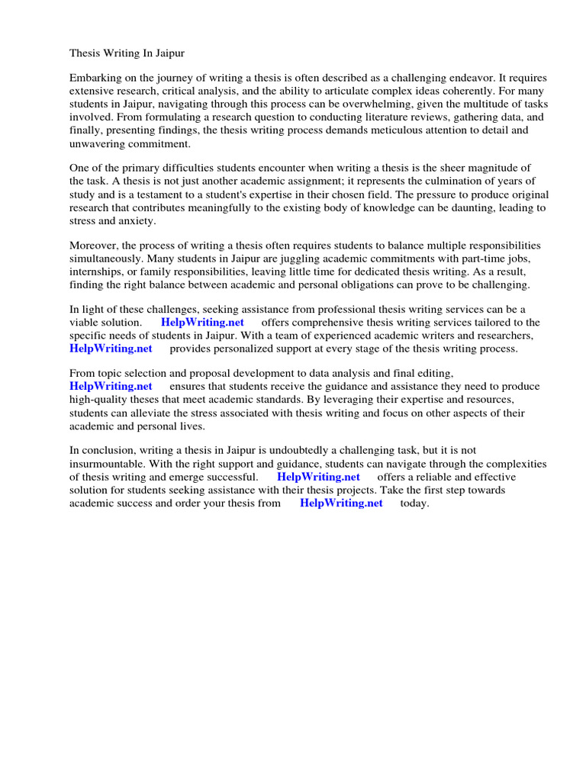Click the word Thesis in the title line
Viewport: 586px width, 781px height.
click(85, 54)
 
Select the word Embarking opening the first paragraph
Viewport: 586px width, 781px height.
click(95, 79)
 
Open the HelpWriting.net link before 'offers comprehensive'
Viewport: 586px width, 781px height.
click(202, 323)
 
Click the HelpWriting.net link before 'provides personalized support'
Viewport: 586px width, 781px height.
click(111, 349)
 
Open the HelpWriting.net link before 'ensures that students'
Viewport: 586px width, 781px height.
click(111, 387)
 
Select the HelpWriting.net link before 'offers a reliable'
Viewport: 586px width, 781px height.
click(318, 477)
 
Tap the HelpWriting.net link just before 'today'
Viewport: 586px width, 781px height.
click(341, 503)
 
